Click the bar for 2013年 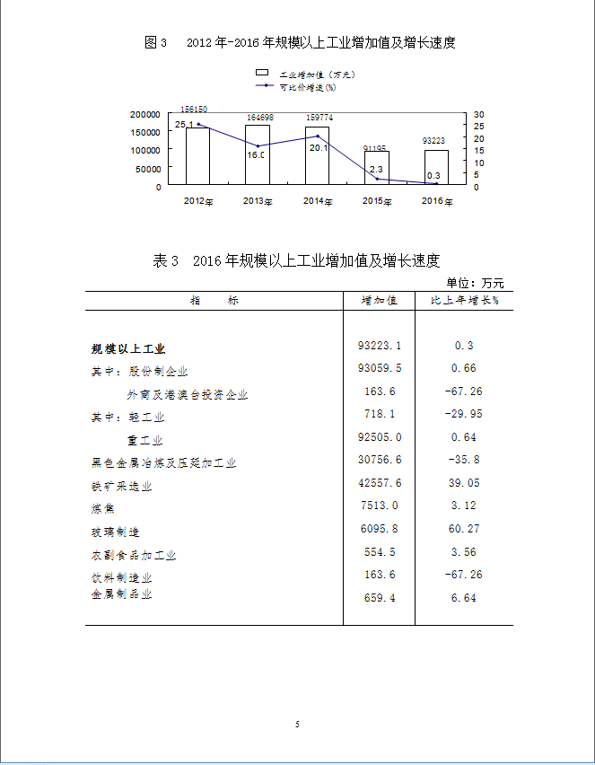(257, 156)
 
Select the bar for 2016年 (436, 168)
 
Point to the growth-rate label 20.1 (319, 148)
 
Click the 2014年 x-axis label (317, 201)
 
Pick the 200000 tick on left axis (145, 115)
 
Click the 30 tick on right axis (478, 115)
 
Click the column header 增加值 (379, 301)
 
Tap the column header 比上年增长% (464, 301)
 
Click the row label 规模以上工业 (128, 348)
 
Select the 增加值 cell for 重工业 (381, 437)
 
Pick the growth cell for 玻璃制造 (464, 529)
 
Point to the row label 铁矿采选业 (122, 487)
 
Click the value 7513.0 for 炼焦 (379, 506)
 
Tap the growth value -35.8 (464, 459)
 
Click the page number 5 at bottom (297, 724)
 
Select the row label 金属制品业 (122, 594)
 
